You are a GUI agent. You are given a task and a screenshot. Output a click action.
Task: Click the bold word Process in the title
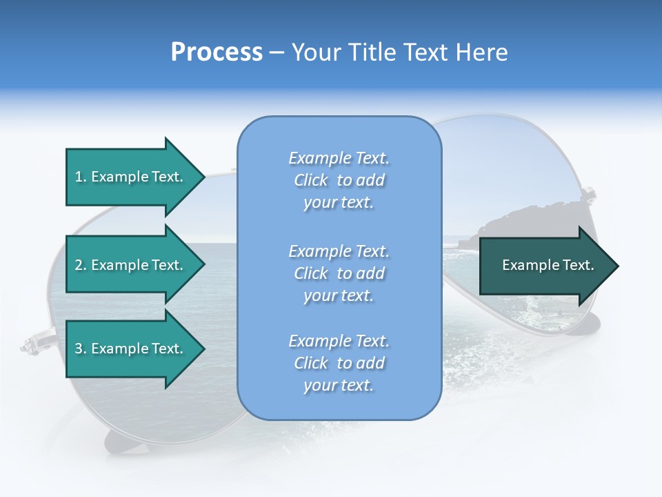click(217, 52)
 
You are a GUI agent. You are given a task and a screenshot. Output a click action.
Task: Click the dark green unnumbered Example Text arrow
click(545, 266)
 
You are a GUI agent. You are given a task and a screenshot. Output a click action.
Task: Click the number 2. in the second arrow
click(81, 265)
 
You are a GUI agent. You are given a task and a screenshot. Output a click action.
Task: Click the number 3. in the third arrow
click(81, 349)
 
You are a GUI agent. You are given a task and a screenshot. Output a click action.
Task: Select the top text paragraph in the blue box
click(339, 180)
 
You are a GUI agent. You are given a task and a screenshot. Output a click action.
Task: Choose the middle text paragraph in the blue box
click(339, 273)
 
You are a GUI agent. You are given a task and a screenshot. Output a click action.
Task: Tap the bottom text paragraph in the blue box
click(339, 363)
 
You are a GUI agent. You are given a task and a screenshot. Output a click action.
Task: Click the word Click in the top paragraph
click(311, 180)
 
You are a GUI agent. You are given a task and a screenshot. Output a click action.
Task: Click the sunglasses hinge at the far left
click(31, 343)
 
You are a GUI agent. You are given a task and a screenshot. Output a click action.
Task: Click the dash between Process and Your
click(277, 52)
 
